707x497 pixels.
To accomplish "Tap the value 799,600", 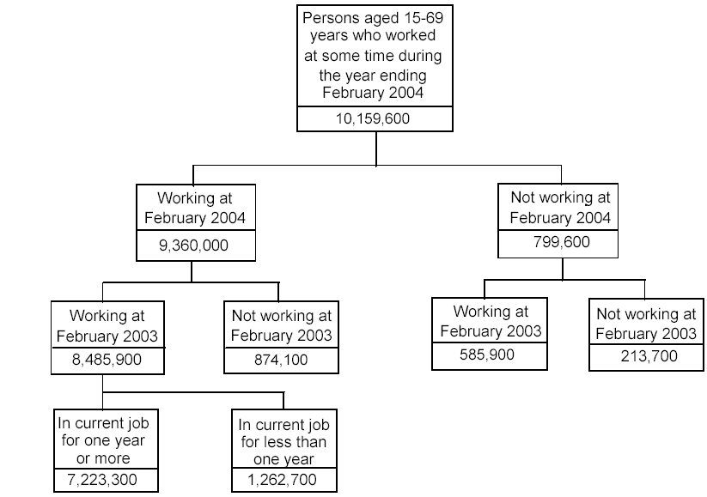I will coord(560,243).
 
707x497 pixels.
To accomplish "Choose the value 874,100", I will coord(280,361).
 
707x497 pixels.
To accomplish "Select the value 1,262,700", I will coord(283,478).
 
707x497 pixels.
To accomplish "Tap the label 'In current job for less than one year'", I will coord(283,442).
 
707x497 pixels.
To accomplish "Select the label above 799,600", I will coord(560,207).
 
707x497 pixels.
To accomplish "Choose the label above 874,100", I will coord(280,325).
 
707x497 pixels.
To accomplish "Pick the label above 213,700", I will coord(645,324).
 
